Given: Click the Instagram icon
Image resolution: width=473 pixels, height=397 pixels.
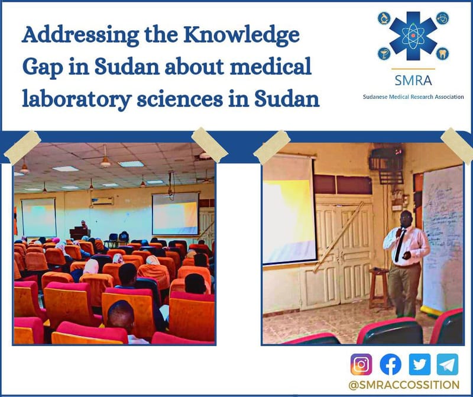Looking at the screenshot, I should click(x=361, y=364).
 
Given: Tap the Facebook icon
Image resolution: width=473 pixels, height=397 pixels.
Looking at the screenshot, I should click(x=390, y=364).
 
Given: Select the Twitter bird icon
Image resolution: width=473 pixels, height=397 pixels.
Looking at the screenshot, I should click(x=420, y=364).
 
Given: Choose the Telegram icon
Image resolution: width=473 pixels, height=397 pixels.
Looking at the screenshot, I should click(x=448, y=364).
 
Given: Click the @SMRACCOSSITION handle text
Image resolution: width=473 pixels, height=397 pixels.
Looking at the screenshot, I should click(x=404, y=385).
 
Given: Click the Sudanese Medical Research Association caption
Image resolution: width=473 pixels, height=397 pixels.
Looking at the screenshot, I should click(x=413, y=96).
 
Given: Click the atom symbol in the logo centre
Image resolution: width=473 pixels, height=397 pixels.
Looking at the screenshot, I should click(x=413, y=36).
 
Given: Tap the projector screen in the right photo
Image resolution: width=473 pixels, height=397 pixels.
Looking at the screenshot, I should click(x=289, y=210).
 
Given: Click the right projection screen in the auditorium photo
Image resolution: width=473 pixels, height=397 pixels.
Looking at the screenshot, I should click(x=174, y=214).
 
